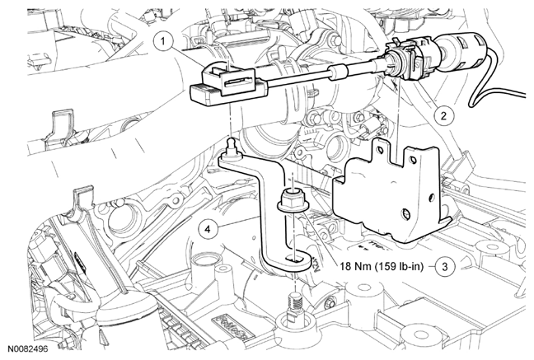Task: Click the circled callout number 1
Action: pos(163,42)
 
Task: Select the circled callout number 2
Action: pos(443,116)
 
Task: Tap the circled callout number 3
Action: pos(445,266)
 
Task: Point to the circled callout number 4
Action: pos(208,229)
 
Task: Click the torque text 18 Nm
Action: pos(355,266)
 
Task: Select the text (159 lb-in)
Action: pos(399,266)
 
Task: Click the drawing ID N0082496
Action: pos(28,349)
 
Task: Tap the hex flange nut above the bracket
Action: pos(293,200)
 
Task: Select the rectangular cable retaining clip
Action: pos(230,81)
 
